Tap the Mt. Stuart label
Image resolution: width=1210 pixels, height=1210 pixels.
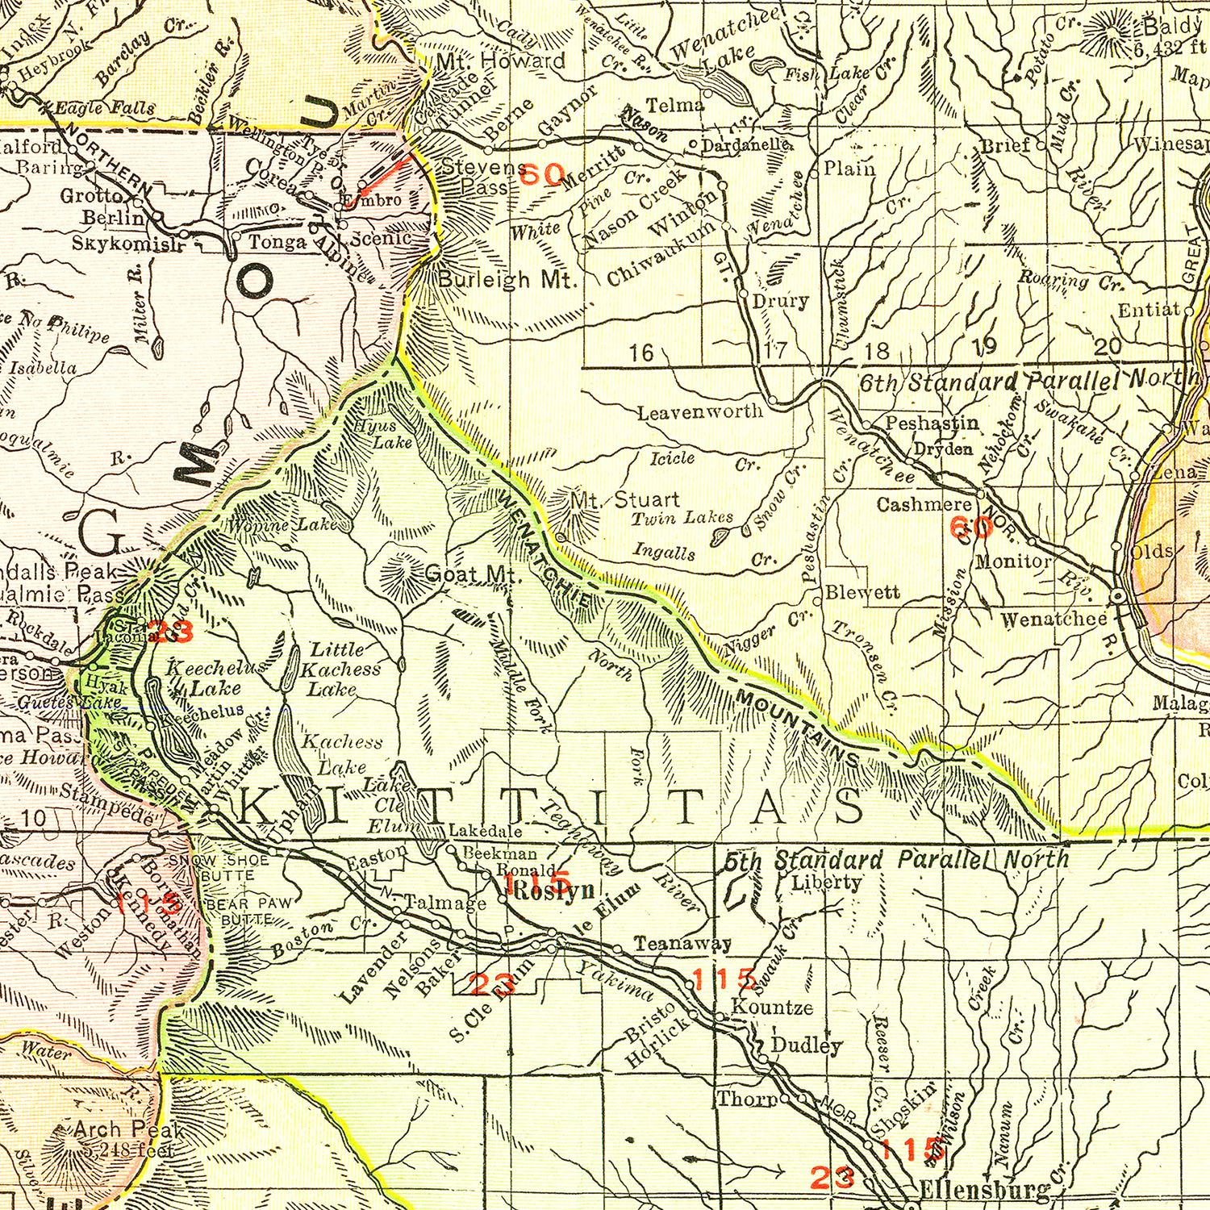pyautogui.click(x=625, y=500)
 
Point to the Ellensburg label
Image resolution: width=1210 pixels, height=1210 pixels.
pyautogui.click(x=984, y=1190)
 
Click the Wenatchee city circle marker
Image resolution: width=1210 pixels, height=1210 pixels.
pyautogui.click(x=1118, y=595)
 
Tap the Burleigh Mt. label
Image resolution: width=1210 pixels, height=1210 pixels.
pyautogui.click(x=509, y=280)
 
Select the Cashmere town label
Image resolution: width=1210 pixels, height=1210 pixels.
pyautogui.click(x=924, y=504)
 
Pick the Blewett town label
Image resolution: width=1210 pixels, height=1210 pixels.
pyautogui.click(x=868, y=593)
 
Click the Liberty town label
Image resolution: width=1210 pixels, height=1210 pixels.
pyautogui.click(x=826, y=882)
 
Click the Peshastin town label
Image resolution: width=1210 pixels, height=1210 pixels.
pyautogui.click(x=932, y=423)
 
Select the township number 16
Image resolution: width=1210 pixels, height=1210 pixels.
pyautogui.click(x=642, y=353)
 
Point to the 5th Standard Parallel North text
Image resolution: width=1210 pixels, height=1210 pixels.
pyautogui.click(x=895, y=860)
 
